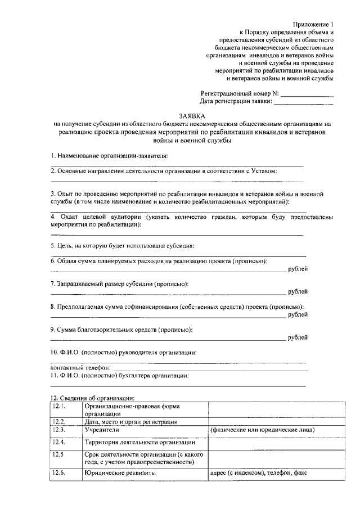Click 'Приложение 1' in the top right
(313, 24)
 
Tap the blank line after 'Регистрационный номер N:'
(307, 93)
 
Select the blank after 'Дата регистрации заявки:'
(304, 102)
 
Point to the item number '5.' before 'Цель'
(53, 245)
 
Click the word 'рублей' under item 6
(298, 270)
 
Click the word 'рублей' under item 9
(298, 337)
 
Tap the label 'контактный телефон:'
(77, 367)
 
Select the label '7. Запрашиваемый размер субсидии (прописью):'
(119, 284)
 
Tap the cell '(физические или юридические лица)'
(262, 430)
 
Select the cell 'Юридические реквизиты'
(120, 474)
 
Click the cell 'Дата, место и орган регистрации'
(132, 421)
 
